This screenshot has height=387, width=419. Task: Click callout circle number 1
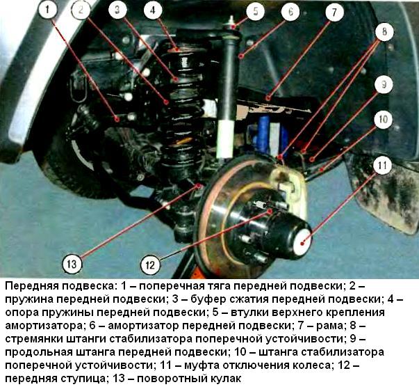tap(47, 10)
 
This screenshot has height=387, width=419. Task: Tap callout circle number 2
tap(81, 10)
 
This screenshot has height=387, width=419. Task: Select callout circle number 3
tap(118, 10)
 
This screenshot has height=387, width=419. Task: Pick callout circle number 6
tap(290, 11)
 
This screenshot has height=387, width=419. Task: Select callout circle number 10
tap(382, 120)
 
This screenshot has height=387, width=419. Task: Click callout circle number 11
tap(381, 166)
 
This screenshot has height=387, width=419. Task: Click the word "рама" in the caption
tap(344, 325)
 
